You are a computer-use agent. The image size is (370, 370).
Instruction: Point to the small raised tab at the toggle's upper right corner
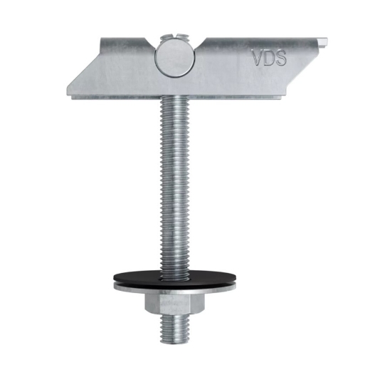(323, 41)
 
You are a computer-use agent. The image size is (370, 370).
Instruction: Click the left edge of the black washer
(114, 278)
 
